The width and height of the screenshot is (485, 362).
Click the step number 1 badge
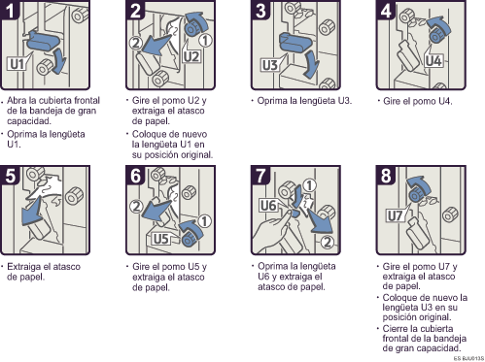[x=10, y=10]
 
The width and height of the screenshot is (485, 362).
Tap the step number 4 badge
[x=386, y=10]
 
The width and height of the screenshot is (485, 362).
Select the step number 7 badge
[x=260, y=175]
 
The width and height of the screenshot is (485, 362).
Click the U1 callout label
[x=17, y=64]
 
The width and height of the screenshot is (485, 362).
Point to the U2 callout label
[x=191, y=56]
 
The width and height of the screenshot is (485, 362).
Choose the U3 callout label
[x=270, y=65]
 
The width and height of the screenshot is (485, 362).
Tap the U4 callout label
[x=433, y=60]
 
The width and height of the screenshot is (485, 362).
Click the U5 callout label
[x=161, y=239]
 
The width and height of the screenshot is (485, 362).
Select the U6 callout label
[x=268, y=205]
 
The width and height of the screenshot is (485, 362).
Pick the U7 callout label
[x=396, y=215]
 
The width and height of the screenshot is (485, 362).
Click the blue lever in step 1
[x=42, y=41]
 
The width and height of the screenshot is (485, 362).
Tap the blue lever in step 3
[x=294, y=42]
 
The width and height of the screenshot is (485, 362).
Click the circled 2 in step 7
[x=327, y=242]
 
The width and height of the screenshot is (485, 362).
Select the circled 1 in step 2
[x=205, y=41]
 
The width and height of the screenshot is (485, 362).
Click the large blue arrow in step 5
[x=31, y=212]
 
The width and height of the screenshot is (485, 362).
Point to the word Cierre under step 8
[x=395, y=329]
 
